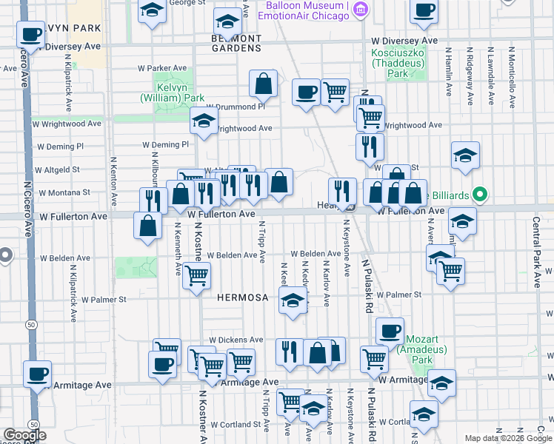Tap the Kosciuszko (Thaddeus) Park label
[x=398, y=64]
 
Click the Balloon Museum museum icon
[x=361, y=10]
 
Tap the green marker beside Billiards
[x=480, y=195]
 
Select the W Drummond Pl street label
[x=236, y=107]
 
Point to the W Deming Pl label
[x=165, y=145]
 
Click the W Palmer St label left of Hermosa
[x=104, y=300]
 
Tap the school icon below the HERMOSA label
[x=293, y=300]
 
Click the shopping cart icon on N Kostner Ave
[x=197, y=276]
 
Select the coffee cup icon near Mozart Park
[x=390, y=331]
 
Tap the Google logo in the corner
[x=24, y=435]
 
